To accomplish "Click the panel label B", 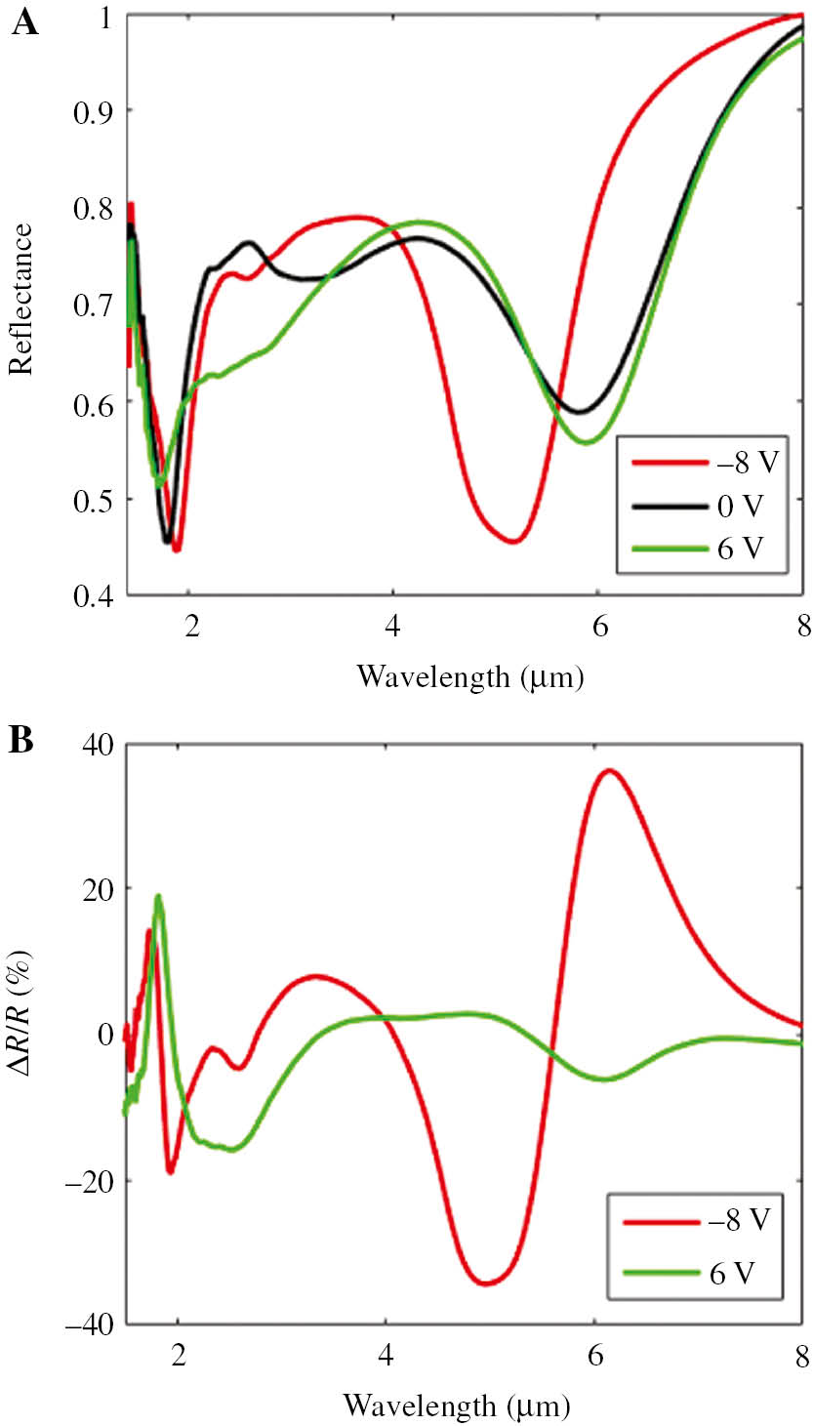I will tap(22, 743).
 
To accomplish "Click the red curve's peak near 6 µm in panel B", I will tap(610, 770).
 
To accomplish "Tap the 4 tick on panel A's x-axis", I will tap(392, 626).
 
